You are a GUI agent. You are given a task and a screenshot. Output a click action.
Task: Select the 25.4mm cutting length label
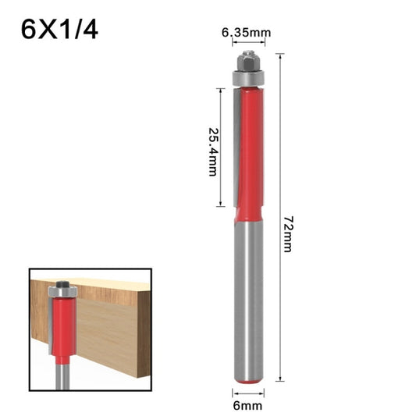click(212, 150)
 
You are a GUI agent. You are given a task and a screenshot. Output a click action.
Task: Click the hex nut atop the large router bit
click(247, 59)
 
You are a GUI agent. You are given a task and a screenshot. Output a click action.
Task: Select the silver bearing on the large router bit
click(248, 76)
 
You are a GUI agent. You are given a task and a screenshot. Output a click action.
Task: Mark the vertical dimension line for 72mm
click(279, 219)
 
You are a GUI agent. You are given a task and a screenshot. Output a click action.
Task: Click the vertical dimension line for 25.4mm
click(222, 148)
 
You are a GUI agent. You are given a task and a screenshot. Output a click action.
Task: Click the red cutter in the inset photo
click(61, 328)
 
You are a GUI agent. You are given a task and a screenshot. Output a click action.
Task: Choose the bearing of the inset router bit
click(61, 292)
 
